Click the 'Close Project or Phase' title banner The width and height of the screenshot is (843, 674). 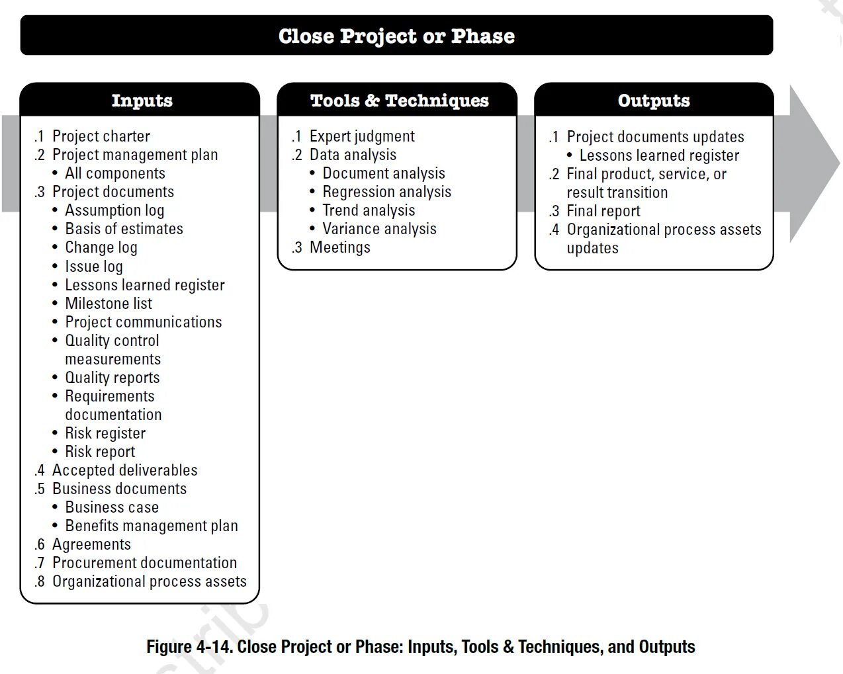click(x=396, y=36)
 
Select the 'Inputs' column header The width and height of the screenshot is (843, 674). click(x=142, y=101)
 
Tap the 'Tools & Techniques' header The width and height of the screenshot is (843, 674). click(x=399, y=101)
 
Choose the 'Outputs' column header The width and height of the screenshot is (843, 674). click(x=654, y=101)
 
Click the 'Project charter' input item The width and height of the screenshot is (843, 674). click(x=101, y=136)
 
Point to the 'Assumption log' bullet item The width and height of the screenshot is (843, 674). click(x=114, y=210)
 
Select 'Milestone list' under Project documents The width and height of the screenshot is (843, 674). click(x=109, y=304)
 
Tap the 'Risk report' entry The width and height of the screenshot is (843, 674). click(x=100, y=452)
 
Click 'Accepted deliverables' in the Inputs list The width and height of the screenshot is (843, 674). click(x=124, y=470)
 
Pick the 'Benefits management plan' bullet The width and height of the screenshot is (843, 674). click(x=151, y=526)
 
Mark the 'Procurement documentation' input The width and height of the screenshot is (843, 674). click(x=144, y=563)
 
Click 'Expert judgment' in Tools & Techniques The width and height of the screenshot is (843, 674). click(x=362, y=136)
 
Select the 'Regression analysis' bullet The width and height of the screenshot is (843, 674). click(x=386, y=192)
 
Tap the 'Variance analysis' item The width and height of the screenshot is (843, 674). click(x=379, y=229)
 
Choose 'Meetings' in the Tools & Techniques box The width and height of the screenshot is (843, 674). click(x=339, y=247)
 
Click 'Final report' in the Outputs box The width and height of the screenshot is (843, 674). click(x=603, y=211)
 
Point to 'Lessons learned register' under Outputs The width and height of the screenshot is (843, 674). click(x=659, y=155)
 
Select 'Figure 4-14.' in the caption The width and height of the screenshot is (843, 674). click(x=189, y=647)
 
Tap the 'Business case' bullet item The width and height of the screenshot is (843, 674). click(x=112, y=507)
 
